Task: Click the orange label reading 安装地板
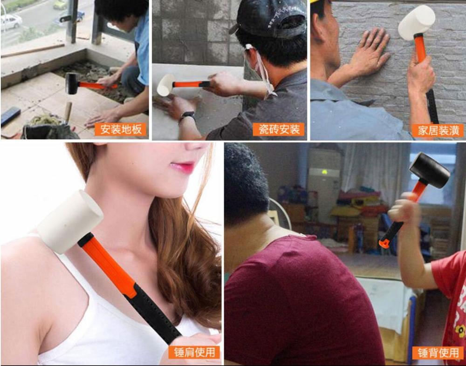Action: click(121, 129)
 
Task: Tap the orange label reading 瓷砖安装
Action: click(278, 129)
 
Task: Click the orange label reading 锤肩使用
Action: click(194, 352)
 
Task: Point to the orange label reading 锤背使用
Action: click(438, 352)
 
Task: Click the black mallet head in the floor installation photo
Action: click(72, 83)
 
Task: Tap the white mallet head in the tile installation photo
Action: click(165, 85)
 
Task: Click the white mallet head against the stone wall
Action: click(416, 22)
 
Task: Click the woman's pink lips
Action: click(183, 166)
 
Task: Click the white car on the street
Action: click(10, 21)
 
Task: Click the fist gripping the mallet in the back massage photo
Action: click(403, 210)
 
